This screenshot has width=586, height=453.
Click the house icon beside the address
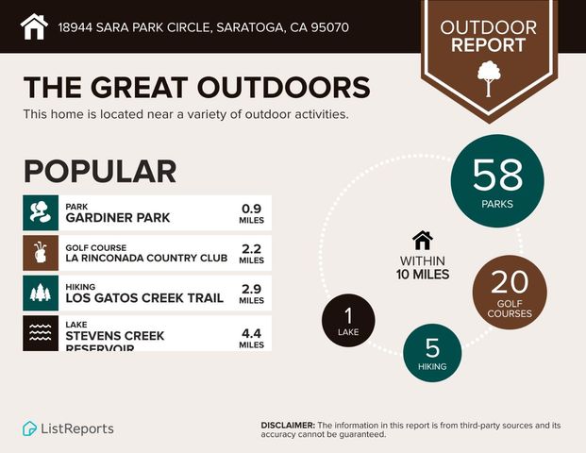[34, 26]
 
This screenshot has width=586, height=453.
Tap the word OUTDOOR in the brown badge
[487, 27]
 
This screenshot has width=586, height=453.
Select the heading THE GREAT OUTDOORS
[196, 87]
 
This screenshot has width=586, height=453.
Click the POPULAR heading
[100, 171]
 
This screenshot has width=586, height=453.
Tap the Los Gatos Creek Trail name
[144, 298]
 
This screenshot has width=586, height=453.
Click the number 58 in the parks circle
[497, 175]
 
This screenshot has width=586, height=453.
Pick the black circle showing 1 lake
[348, 319]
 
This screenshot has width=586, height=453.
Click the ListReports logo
[68, 428]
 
